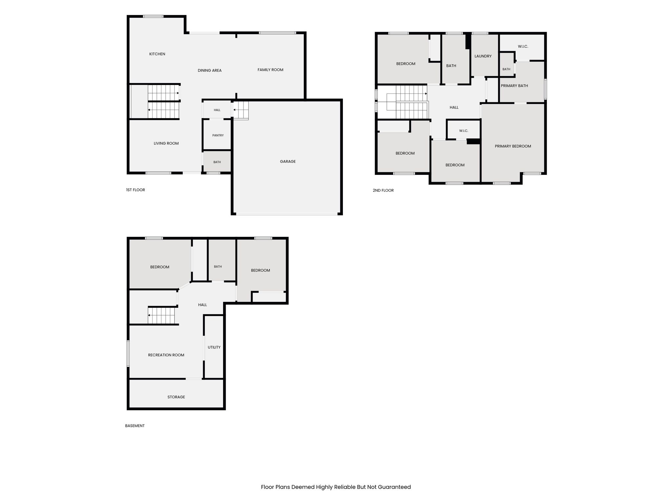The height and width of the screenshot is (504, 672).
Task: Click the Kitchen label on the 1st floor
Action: (x=157, y=54)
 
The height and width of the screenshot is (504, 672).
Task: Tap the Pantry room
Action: (x=218, y=136)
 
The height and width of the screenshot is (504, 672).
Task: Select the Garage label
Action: (x=288, y=161)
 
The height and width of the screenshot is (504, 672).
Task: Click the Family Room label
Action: (x=270, y=70)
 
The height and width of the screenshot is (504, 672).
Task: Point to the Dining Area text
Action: (x=210, y=71)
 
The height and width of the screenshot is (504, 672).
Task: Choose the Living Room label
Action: (x=166, y=143)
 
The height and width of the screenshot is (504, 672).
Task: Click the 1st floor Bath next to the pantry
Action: (x=217, y=162)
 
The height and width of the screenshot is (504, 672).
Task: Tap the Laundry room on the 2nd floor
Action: (x=483, y=56)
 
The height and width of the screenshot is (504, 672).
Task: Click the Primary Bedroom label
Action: (x=513, y=146)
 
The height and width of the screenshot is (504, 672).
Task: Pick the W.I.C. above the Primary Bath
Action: (x=523, y=47)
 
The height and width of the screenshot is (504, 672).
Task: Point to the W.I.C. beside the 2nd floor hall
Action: (x=464, y=131)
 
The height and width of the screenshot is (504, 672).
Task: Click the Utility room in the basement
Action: (x=214, y=347)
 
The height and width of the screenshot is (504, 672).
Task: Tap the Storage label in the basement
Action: (x=176, y=397)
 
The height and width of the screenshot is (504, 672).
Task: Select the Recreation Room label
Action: (x=166, y=355)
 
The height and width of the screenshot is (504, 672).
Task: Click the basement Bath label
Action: (x=218, y=267)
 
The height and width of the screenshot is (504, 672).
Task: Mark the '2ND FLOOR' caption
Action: (x=383, y=190)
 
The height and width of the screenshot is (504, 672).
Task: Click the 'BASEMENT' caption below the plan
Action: (x=135, y=426)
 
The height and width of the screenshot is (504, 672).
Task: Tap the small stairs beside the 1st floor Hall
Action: (x=241, y=110)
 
